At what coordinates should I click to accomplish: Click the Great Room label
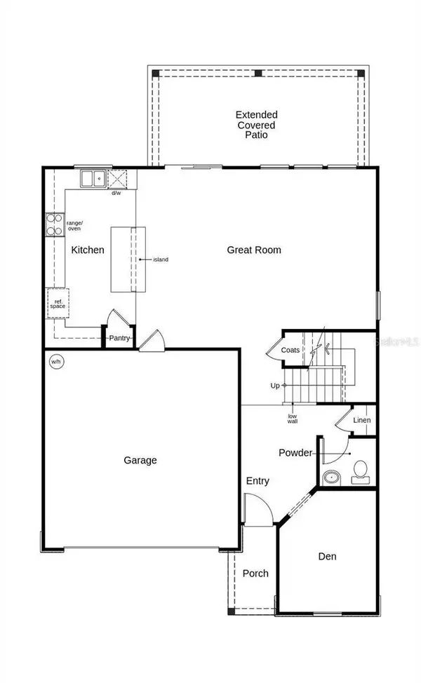tap(254, 250)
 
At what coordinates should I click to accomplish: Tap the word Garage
tap(140, 461)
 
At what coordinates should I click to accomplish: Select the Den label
tap(327, 557)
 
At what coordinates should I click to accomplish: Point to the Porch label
tap(255, 574)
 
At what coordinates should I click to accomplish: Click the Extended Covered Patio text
tap(256, 124)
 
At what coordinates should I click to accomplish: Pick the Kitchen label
tap(88, 250)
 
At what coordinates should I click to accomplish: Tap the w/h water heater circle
tap(55, 362)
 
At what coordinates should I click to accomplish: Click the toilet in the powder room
tap(361, 471)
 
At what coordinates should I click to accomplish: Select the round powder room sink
tap(330, 479)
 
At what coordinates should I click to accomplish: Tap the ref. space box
tap(58, 304)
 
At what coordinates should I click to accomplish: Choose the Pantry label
tap(119, 339)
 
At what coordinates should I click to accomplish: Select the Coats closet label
tap(290, 350)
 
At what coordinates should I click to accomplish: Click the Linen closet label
tap(361, 421)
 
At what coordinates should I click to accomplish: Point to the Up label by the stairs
tap(275, 386)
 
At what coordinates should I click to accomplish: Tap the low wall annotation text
tap(293, 419)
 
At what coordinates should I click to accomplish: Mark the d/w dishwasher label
tap(116, 193)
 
